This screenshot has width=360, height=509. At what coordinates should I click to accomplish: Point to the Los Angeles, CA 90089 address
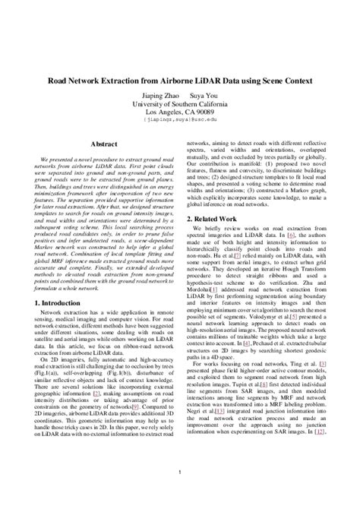[180, 111]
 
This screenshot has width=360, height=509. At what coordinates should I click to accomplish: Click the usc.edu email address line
[180, 120]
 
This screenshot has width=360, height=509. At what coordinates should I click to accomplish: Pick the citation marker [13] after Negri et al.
[219, 410]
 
